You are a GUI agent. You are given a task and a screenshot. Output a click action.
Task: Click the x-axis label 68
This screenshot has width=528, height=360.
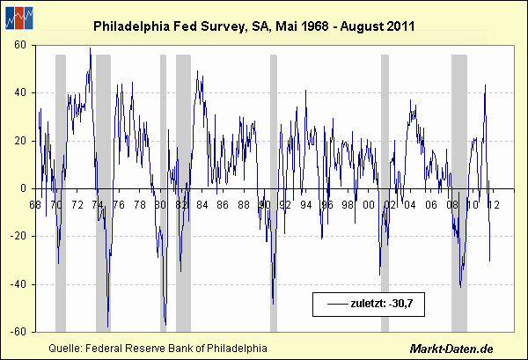pyautogui.click(x=35, y=205)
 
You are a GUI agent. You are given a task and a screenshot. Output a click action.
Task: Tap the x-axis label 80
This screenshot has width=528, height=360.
pyautogui.click(x=159, y=205)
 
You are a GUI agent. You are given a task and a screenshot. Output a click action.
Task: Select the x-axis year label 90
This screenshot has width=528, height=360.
pyautogui.click(x=263, y=205)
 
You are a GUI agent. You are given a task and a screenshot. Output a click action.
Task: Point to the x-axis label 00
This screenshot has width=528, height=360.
pyautogui.click(x=367, y=205)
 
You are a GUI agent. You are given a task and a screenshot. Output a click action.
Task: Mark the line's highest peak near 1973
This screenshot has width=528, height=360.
pyautogui.click(x=90, y=49)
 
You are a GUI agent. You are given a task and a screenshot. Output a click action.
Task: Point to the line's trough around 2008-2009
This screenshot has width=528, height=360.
pyautogui.click(x=460, y=286)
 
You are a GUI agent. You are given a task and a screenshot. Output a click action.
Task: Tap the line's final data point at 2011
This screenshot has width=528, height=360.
pyautogui.click(x=489, y=261)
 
